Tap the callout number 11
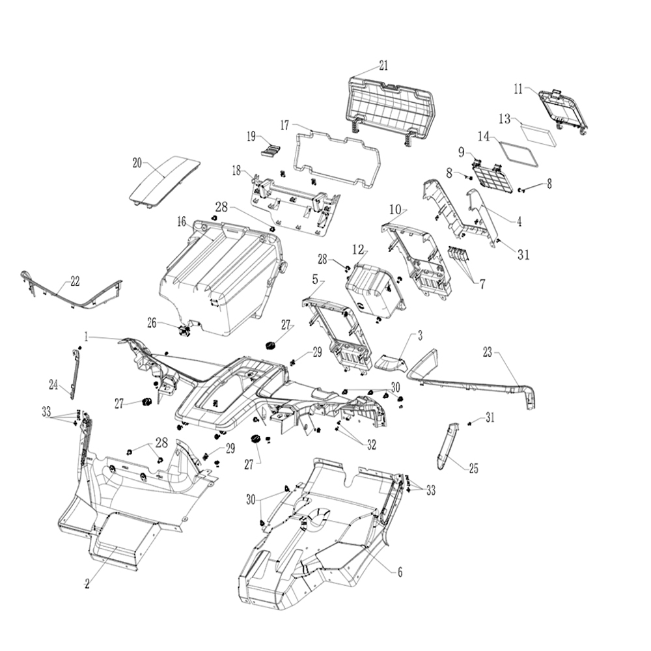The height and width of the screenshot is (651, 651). pyautogui.click(x=518, y=89)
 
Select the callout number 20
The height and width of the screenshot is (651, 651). pyautogui.click(x=137, y=163)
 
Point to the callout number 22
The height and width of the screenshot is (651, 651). pyautogui.click(x=75, y=281)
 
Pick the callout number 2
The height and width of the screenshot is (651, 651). pyautogui.click(x=87, y=583)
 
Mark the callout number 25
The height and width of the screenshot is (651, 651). pyautogui.click(x=473, y=468)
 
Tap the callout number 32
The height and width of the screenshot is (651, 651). pyautogui.click(x=371, y=445)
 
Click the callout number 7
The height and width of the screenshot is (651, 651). pyautogui.click(x=482, y=284)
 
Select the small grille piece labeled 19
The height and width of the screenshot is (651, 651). pyautogui.click(x=271, y=150)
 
